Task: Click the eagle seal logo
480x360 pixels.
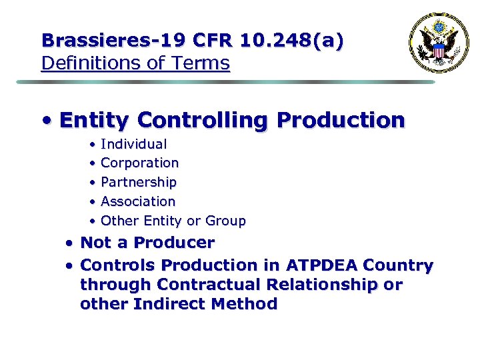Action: point(439,43)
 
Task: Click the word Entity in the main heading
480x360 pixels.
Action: point(93,120)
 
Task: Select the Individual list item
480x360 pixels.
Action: point(133,144)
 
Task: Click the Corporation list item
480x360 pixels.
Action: point(139,163)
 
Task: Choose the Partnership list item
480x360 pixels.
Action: point(139,182)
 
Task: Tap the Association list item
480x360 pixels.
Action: point(138,201)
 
